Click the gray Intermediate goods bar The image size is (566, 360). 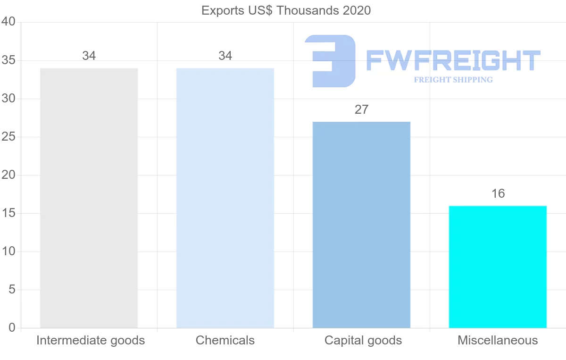click(x=89, y=198)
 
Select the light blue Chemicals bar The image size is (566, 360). click(x=225, y=198)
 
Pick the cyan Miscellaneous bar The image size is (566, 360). click(x=498, y=267)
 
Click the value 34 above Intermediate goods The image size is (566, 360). click(x=89, y=56)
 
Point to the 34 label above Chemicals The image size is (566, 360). click(x=225, y=56)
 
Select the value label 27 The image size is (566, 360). click(x=361, y=109)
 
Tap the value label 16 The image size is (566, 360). click(x=498, y=193)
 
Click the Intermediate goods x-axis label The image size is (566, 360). click(x=90, y=340)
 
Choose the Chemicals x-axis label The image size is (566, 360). click(x=225, y=340)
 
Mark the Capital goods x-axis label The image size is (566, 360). click(x=363, y=340)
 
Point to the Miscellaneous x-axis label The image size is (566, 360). click(x=498, y=340)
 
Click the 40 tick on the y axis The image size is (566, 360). click(x=9, y=22)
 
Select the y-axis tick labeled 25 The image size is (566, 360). click(x=9, y=137)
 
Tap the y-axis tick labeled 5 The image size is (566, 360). click(x=12, y=290)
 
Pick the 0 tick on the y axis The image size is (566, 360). click(x=12, y=328)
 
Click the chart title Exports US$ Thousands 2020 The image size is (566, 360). click(x=286, y=10)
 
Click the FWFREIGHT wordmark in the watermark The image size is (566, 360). click(x=453, y=61)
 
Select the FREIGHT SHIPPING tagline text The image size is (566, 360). click(x=453, y=80)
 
